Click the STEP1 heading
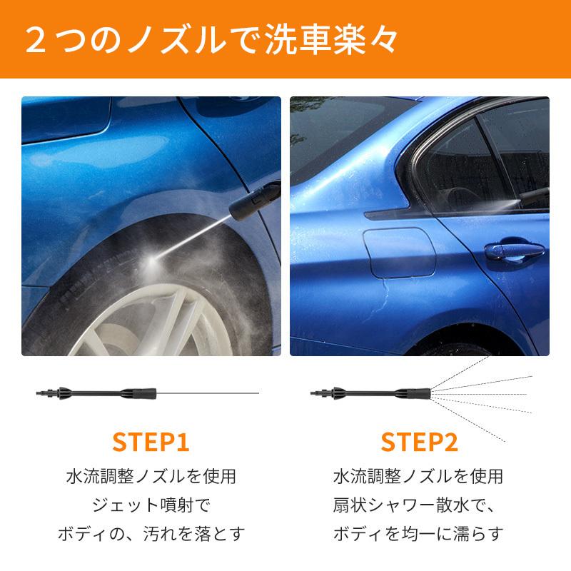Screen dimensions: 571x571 pyautogui.click(x=151, y=442)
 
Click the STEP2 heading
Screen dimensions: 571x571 pyautogui.click(x=419, y=442)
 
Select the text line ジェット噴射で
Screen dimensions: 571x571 pyautogui.click(x=151, y=505)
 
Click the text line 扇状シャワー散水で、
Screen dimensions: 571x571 pyautogui.click(x=419, y=505)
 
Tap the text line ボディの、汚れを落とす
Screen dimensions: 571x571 pyautogui.click(x=151, y=534)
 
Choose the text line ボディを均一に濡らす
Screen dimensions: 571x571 pyautogui.click(x=419, y=534)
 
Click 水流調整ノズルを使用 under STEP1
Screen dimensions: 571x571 pyautogui.click(x=151, y=476)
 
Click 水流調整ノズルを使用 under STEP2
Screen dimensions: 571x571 pyautogui.click(x=419, y=476)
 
